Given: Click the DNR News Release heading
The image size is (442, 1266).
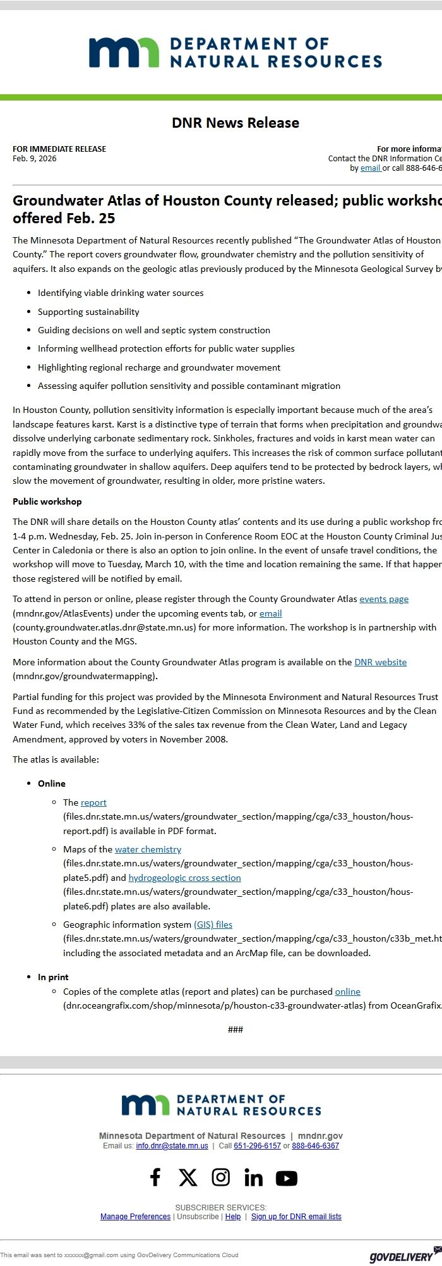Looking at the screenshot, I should [235, 123].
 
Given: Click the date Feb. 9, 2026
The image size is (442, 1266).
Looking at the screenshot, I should [34, 159].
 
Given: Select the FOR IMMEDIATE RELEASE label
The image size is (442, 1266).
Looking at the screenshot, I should [59, 149].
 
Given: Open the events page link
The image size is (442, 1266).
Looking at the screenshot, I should [383, 599].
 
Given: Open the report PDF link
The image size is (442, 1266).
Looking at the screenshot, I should [93, 802].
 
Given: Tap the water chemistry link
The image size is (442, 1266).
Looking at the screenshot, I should [148, 849].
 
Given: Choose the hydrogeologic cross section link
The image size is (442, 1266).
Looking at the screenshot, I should [184, 878].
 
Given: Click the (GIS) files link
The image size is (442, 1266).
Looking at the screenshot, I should [213, 925].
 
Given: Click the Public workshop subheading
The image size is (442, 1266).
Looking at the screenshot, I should [47, 501].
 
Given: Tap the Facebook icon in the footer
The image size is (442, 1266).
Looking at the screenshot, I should [155, 1177].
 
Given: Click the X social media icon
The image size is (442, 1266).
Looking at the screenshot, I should [188, 1177].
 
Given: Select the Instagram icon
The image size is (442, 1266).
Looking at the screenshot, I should [220, 1177].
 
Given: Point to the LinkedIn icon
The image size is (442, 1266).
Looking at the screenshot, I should [253, 1177].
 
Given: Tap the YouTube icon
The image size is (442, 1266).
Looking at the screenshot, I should [286, 1177].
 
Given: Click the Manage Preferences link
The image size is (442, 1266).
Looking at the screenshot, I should [135, 1216].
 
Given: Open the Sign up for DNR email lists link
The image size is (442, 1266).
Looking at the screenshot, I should [296, 1216].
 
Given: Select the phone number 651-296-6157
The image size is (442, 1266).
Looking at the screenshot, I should [257, 1146].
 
